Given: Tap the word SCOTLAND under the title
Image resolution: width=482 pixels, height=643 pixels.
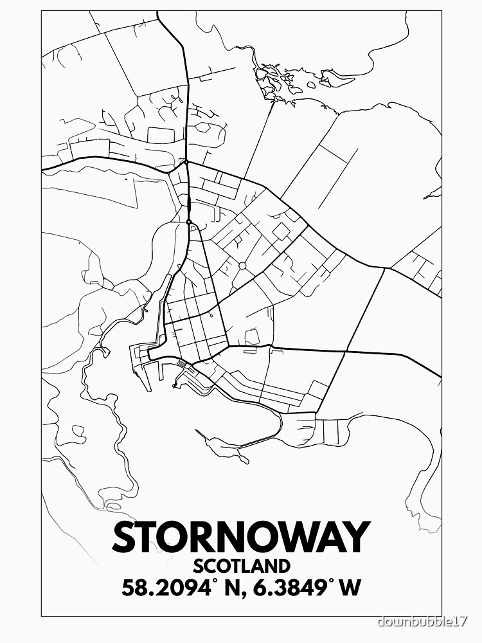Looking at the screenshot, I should tap(241, 566).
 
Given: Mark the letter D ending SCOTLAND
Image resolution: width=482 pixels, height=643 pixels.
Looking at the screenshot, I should tap(281, 566).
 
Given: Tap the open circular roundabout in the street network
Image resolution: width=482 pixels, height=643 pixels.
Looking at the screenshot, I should tap(242, 266).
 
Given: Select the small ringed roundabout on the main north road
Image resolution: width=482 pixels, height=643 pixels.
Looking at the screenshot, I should tap(188, 222).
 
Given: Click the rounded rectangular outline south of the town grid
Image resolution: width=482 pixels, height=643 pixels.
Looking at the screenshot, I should tap(253, 336).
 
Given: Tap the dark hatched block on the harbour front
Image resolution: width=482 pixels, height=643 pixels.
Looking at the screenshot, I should tap(182, 364).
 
